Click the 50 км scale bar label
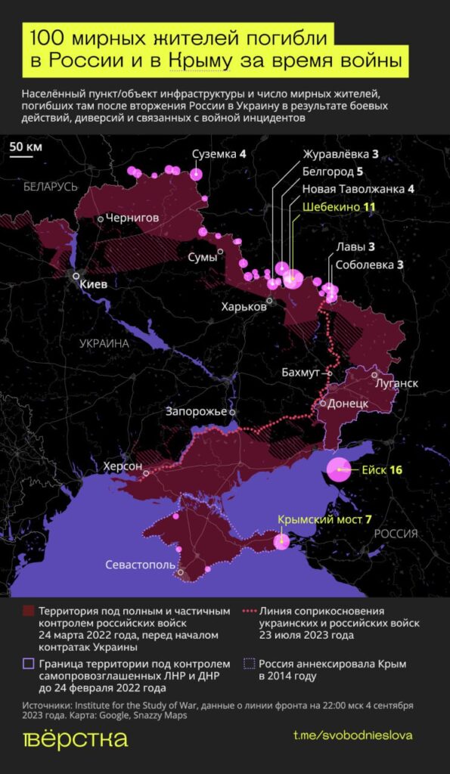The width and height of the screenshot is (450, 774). click(26, 147)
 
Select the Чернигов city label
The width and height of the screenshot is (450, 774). click(132, 218)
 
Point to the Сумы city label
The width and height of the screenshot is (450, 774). click(202, 258)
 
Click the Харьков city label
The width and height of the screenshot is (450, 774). click(244, 307)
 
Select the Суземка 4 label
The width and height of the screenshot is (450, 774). click(219, 153)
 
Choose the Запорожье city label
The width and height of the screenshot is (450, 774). click(197, 412)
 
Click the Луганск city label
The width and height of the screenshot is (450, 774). click(396, 383)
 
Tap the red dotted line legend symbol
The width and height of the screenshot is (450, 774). click(249, 611)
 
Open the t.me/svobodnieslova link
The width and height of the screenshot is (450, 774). click(352, 735)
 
